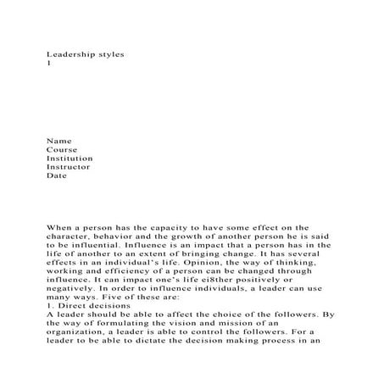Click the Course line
[62, 149]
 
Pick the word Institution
[70, 158]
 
